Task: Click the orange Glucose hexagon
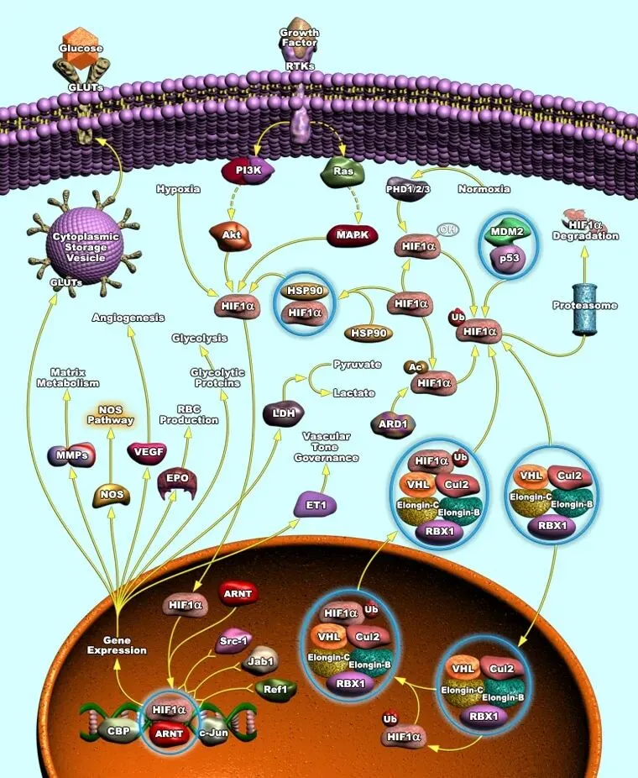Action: pos(81,47)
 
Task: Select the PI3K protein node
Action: pos(248,171)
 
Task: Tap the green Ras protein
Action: pos(343,171)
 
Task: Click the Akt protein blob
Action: pos(231,235)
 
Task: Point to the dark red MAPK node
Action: pos(353,234)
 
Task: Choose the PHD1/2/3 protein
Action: pos(407,188)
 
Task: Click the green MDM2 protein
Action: pos(507,232)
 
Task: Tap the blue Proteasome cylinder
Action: pos(585,309)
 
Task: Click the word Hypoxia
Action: pos(178,189)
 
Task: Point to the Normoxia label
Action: pos(484,189)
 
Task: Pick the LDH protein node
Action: pos(284,413)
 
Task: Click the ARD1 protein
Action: pos(393,425)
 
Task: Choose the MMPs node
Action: pos(71,455)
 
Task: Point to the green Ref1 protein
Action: pos(276,690)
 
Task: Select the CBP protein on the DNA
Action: pos(118,731)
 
